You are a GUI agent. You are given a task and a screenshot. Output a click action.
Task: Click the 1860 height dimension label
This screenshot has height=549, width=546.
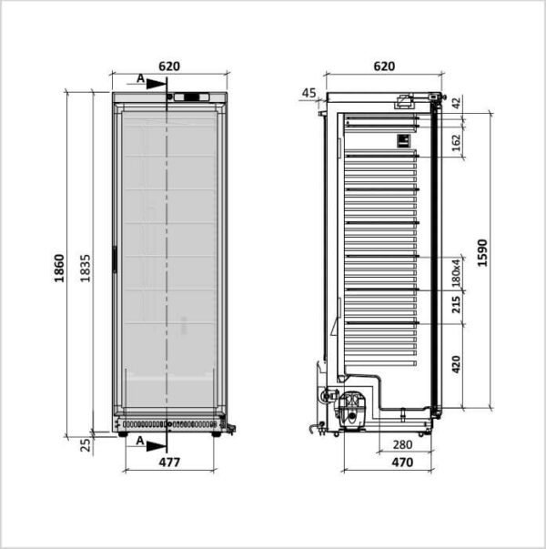point(59,269)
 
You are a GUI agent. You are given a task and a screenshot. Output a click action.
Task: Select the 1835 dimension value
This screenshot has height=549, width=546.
point(85,269)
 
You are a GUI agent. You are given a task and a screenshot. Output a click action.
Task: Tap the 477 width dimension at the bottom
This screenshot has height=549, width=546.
point(169,463)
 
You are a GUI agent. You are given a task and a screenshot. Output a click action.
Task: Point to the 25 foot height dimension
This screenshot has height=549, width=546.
point(86,445)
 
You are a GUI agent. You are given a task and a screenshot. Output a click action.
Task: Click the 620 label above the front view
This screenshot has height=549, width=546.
point(169,66)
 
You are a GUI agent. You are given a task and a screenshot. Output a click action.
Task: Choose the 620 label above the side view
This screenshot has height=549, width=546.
point(384,66)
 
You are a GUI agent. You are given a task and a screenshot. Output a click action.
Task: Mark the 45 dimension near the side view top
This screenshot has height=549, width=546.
point(308,93)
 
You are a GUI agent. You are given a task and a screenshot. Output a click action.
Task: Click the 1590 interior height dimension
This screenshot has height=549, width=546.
point(482,253)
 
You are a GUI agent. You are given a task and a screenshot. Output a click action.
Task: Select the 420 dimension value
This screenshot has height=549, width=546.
point(456,364)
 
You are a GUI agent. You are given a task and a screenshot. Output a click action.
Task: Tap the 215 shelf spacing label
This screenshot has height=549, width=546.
point(456,304)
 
